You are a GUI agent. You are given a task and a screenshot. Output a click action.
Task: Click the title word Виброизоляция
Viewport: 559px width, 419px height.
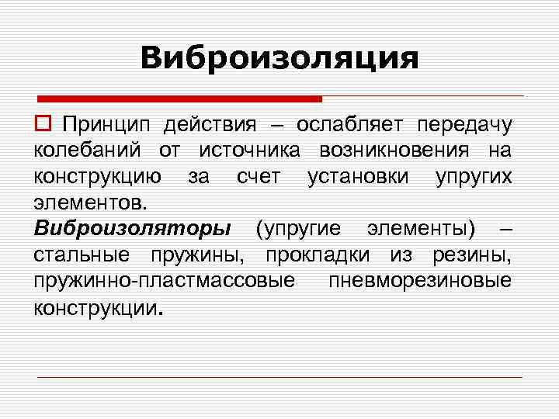pyautogui.click(x=279, y=58)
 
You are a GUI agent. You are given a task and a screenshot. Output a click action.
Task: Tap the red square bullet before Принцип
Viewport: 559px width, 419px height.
pyautogui.click(x=42, y=124)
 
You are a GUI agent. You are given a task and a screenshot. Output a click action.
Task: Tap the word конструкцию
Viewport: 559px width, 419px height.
pyautogui.click(x=98, y=177)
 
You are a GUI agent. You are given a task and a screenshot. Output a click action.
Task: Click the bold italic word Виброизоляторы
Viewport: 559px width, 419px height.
pyautogui.click(x=132, y=229)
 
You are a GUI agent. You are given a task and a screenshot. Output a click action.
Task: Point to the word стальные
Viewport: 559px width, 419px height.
pyautogui.click(x=80, y=255)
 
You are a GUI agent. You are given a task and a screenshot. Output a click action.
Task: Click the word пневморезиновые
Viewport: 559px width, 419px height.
pyautogui.click(x=420, y=280)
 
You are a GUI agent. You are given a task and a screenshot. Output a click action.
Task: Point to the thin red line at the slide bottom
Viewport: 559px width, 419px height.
pyautogui.click(x=279, y=376)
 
